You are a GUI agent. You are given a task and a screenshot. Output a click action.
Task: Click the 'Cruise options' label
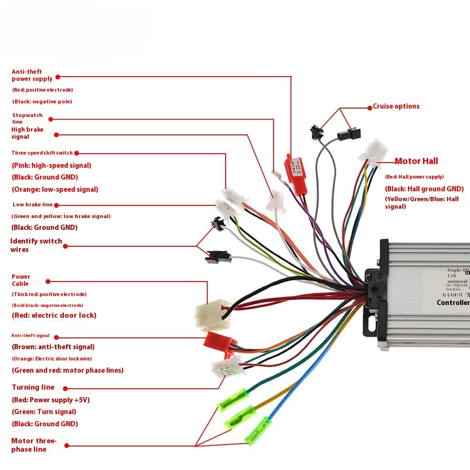click(396, 106)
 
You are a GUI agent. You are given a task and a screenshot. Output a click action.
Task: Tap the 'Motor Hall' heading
click(416, 161)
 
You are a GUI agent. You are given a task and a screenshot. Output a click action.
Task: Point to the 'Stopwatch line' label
click(27, 118)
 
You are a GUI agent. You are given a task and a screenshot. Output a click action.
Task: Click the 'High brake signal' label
click(27, 133)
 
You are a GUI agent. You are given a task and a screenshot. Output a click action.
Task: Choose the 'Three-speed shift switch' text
click(42, 153)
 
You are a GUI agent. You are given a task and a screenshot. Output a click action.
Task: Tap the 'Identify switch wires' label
click(36, 245)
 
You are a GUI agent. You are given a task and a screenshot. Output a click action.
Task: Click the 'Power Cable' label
click(21, 280)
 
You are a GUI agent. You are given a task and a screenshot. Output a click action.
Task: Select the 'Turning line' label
click(33, 387)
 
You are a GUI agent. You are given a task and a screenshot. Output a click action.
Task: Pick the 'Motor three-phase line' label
click(34, 445)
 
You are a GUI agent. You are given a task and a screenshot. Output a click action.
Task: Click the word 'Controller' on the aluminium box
click(453, 302)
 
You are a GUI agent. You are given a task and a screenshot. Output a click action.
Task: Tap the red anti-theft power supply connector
click(295, 174)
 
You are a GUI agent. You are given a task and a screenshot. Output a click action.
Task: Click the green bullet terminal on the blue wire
click(258, 430)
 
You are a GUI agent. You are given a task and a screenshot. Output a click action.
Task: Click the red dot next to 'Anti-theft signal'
click(56, 337)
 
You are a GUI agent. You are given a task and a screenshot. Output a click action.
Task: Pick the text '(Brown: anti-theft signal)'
click(53, 347)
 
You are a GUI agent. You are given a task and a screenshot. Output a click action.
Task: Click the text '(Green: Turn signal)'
click(44, 412)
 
